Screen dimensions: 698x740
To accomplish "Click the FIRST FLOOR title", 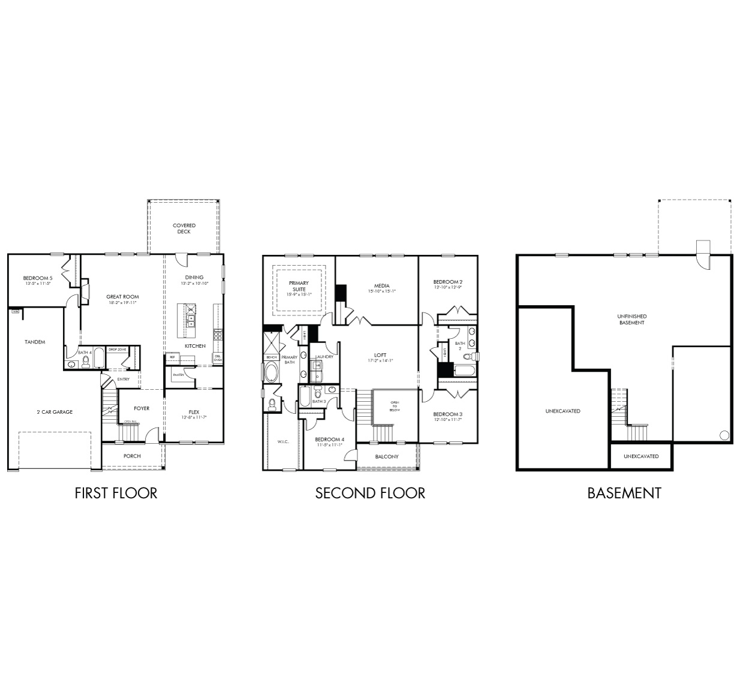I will point(116,493).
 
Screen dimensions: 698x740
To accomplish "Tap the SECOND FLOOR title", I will point(370,493).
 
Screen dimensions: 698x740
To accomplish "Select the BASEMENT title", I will point(624,493).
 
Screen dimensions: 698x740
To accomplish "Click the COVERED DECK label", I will point(184,228).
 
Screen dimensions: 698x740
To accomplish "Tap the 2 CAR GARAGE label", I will point(54,412).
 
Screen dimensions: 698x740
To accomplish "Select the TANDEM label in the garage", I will point(35,342).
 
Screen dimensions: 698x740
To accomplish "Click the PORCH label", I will point(132,456).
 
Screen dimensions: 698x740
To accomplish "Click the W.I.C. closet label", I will point(283,442).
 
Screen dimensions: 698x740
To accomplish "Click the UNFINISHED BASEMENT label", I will point(632,319).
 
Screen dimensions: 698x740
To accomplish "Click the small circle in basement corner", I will point(723,435).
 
